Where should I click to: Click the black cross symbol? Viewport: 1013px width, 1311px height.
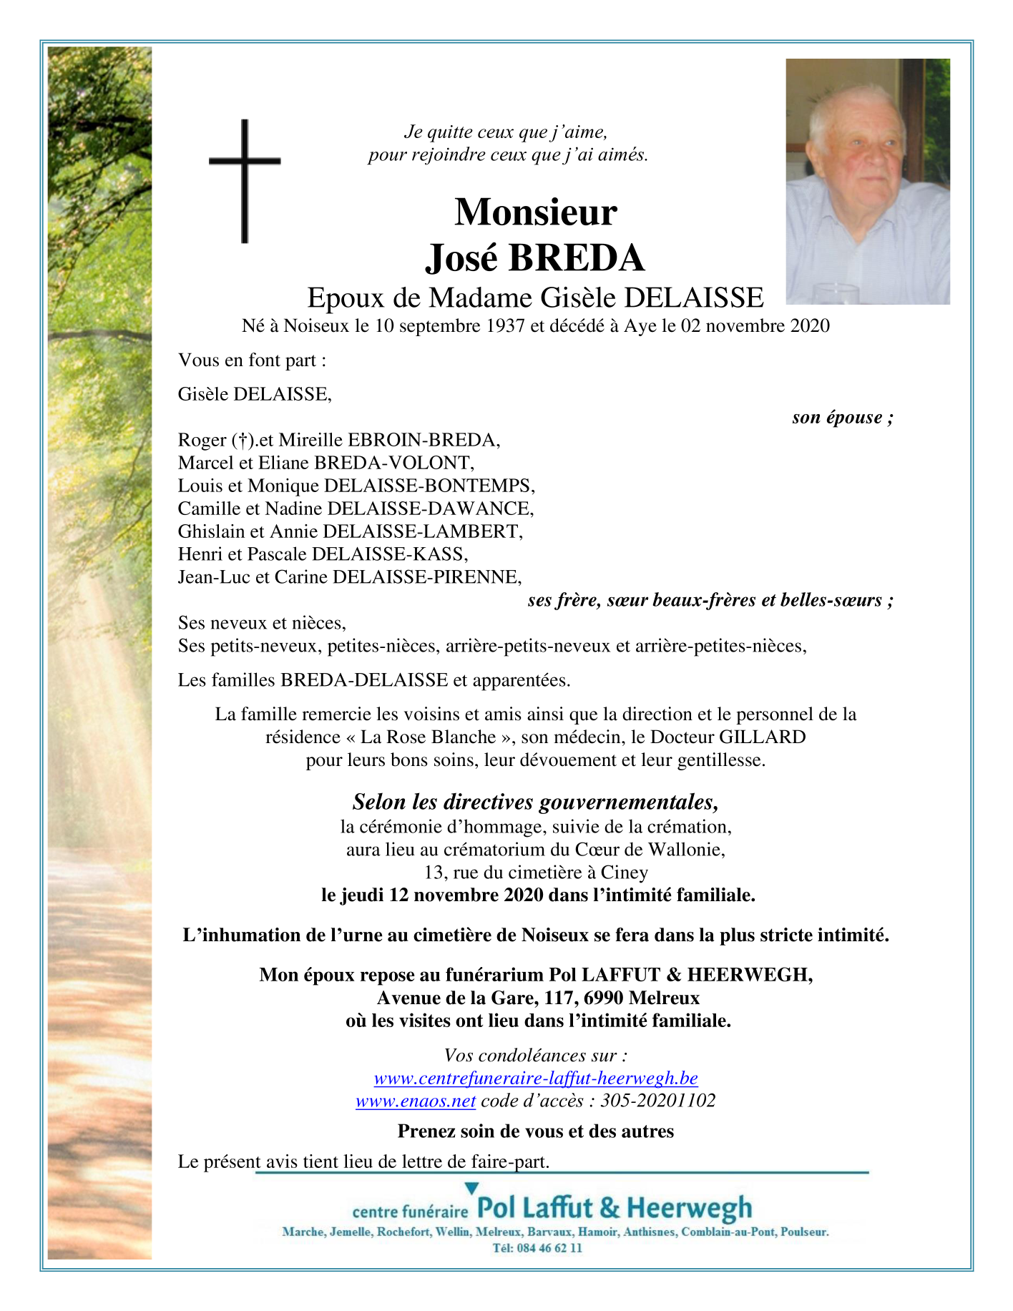(x=245, y=180)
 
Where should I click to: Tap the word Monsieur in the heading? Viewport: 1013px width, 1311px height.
(x=535, y=212)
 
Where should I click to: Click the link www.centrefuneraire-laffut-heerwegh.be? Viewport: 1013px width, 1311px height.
(x=536, y=1079)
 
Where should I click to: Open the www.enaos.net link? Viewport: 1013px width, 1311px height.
(x=416, y=1101)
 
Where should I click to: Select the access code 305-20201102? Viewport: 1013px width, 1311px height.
(x=658, y=1101)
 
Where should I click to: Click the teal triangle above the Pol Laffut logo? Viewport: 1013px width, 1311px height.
(x=471, y=1189)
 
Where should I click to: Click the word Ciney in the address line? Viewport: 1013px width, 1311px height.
(x=625, y=873)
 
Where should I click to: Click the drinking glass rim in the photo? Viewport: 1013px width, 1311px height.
(x=835, y=288)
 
